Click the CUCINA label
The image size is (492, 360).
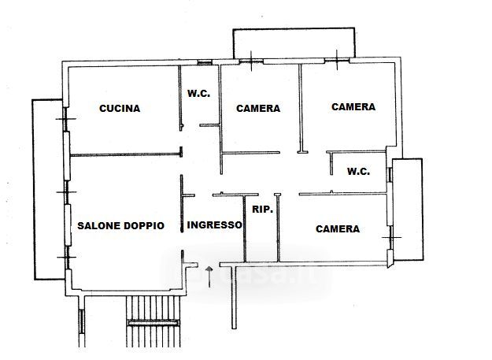(120, 109)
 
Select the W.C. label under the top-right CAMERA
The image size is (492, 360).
(359, 171)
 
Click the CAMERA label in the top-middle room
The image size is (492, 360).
(258, 109)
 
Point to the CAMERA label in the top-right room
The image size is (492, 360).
(353, 106)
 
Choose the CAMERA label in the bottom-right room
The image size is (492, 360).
(338, 229)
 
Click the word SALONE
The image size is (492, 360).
(98, 225)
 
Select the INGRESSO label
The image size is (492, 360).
(215, 225)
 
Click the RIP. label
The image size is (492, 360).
(262, 210)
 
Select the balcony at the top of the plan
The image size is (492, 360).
(294, 44)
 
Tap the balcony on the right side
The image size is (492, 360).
(407, 209)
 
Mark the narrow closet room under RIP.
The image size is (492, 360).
(263, 236)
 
